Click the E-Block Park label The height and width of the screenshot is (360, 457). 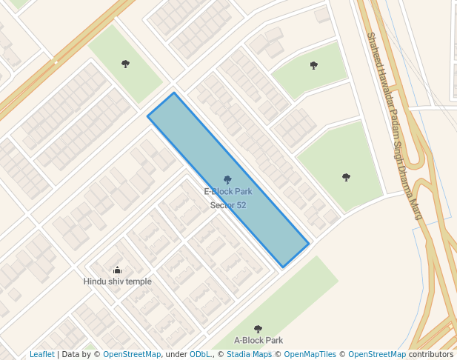tap(227, 192)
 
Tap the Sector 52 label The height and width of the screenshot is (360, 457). tap(228, 205)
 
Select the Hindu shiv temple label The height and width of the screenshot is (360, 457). tap(117, 281)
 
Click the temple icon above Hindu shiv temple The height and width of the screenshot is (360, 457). tap(117, 270)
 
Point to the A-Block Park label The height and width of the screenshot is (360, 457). tap(258, 341)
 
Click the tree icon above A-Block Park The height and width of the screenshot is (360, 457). tap(258, 329)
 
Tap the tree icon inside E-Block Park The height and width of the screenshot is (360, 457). tap(227, 180)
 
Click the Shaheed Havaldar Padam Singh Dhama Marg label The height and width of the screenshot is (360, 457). tap(395, 124)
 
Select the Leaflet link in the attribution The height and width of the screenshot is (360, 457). tap(42, 355)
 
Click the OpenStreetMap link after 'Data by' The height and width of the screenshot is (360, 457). tap(132, 355)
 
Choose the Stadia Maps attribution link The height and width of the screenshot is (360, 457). tap(248, 355)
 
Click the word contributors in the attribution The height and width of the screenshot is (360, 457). tap(430, 355)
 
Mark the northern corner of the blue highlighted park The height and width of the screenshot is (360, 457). tap(174, 93)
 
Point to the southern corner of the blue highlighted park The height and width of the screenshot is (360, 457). tap(282, 267)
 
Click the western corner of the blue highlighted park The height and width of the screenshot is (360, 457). tap(147, 116)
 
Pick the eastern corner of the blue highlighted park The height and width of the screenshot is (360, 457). tap(309, 244)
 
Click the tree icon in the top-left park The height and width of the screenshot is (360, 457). tap(125, 64)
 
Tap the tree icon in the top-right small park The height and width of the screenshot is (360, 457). tap(313, 65)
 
